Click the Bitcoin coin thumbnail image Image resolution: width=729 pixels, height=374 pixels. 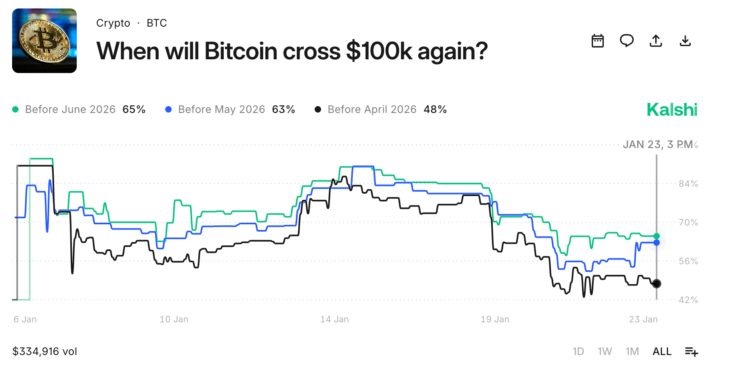(x=44, y=41)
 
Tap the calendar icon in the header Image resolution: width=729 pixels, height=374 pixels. (x=597, y=41)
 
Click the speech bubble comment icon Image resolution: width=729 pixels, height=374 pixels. (x=626, y=41)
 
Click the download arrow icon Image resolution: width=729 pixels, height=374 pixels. (x=685, y=41)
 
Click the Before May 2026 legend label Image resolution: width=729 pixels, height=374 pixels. (x=221, y=109)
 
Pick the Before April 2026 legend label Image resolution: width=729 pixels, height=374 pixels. (x=372, y=109)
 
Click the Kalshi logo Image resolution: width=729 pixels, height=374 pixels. (x=672, y=110)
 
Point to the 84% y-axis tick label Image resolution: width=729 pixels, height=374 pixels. (x=688, y=184)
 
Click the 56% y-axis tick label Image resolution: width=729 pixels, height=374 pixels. (x=688, y=261)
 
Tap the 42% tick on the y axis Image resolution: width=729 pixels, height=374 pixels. (x=688, y=300)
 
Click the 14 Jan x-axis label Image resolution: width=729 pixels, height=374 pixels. (x=334, y=320)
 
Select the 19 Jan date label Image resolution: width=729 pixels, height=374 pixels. (x=495, y=320)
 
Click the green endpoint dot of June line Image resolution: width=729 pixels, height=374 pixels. (x=657, y=236)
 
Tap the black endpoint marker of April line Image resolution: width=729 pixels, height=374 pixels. (x=657, y=284)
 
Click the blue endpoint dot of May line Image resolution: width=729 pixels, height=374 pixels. (x=657, y=242)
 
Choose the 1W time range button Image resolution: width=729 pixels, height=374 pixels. (x=605, y=351)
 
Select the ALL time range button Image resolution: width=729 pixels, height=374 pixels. (x=662, y=351)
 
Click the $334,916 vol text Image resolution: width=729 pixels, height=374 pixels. (x=45, y=351)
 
